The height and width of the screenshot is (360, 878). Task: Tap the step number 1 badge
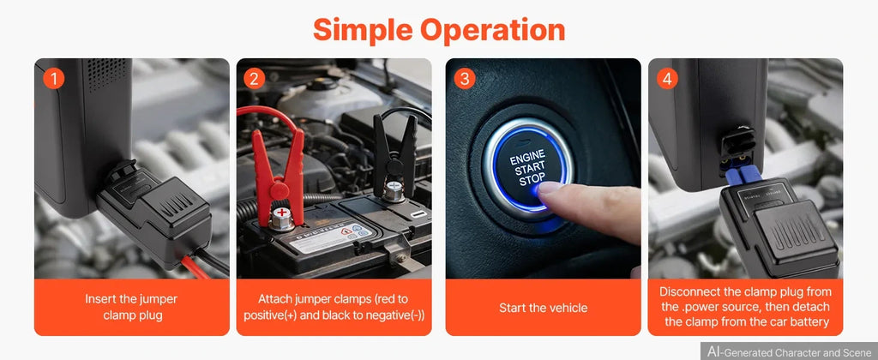[54, 79]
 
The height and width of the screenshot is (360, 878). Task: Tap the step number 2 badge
[254, 79]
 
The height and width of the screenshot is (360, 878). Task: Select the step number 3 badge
[464, 79]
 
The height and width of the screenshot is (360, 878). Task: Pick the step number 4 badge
[667, 79]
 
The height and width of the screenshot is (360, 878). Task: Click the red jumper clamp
[278, 173]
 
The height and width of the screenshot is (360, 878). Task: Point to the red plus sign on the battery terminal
[283, 213]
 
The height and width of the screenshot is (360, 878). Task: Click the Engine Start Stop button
[527, 168]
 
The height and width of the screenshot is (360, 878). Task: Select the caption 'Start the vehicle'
[543, 308]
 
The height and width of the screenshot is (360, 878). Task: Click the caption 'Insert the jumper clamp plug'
[132, 307]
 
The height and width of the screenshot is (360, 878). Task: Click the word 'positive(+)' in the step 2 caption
[270, 315]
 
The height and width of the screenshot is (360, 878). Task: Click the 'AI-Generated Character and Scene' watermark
[790, 351]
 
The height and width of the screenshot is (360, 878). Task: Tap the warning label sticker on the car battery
[330, 237]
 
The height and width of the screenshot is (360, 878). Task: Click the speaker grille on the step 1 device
[107, 74]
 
